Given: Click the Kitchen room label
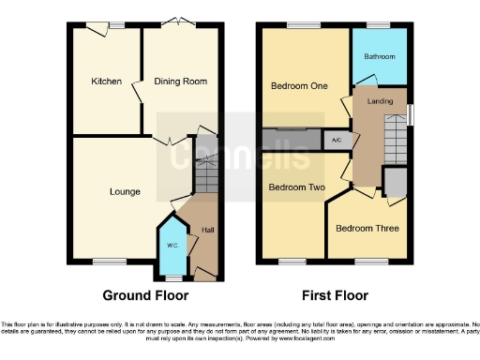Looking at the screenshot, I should point(106,82).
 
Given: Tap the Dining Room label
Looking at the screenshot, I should point(182,82).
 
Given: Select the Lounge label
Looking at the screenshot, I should point(125,192).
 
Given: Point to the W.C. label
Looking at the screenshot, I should point(172,246).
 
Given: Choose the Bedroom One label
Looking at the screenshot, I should point(299,85).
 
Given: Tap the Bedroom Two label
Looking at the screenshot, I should point(296,187).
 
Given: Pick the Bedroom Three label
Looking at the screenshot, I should point(367,228).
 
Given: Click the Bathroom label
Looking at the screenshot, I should point(380,57).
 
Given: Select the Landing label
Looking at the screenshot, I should point(380,101).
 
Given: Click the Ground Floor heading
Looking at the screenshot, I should point(139,296).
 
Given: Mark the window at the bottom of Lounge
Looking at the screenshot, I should point(104,262).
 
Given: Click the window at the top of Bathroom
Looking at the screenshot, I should point(379,25).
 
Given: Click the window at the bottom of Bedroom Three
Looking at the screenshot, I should point(366,262).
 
